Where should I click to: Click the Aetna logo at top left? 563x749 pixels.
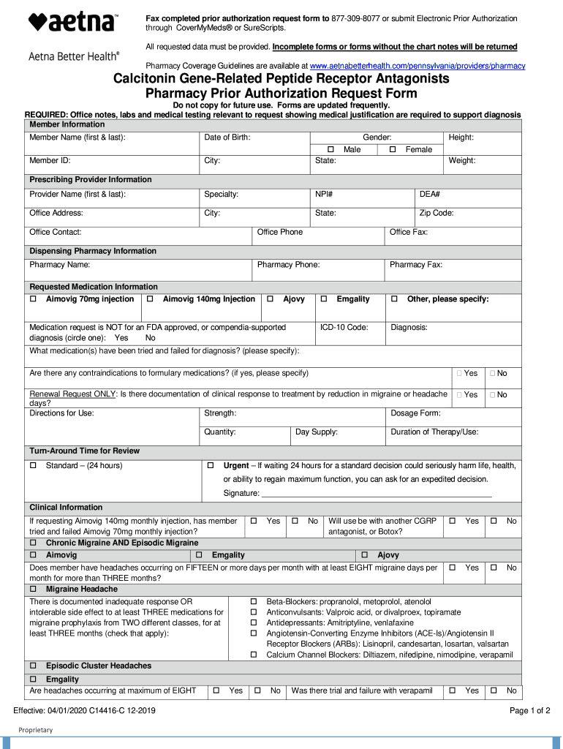pyautogui.click(x=72, y=23)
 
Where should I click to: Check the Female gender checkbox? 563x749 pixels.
pyautogui.click(x=393, y=149)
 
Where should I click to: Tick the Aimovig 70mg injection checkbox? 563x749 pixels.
pyautogui.click(x=33, y=299)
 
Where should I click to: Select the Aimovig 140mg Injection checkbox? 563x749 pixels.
pyautogui.click(x=150, y=299)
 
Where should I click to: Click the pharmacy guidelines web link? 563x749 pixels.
pyautogui.click(x=417, y=66)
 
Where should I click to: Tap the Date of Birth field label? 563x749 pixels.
pyautogui.click(x=227, y=138)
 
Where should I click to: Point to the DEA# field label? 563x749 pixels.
pyautogui.click(x=429, y=194)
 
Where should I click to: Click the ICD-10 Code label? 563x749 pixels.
pyautogui.click(x=344, y=327)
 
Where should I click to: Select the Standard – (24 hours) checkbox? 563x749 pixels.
pyautogui.click(x=33, y=465)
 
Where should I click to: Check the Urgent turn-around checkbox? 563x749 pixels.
pyautogui.click(x=210, y=465)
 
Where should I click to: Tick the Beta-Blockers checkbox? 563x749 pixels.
pyautogui.click(x=254, y=601)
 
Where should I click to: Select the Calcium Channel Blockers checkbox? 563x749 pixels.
pyautogui.click(x=254, y=654)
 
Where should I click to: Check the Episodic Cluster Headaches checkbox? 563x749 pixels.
pyautogui.click(x=33, y=666)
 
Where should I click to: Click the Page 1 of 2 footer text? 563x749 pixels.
pyautogui.click(x=529, y=710)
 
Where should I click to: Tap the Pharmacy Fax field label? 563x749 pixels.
pyautogui.click(x=415, y=265)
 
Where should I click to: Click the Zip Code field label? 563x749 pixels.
pyautogui.click(x=436, y=213)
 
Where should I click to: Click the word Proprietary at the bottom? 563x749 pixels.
pyautogui.click(x=35, y=729)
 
